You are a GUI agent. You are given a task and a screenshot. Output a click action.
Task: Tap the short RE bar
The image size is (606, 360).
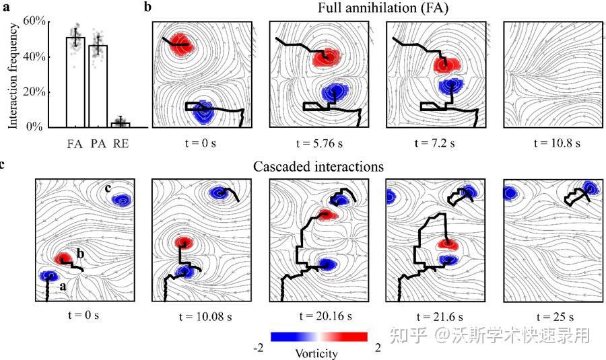point(121,124)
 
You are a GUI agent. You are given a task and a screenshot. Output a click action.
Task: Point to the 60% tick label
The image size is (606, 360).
point(34,22)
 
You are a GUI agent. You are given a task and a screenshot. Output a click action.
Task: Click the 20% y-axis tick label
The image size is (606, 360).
point(34,92)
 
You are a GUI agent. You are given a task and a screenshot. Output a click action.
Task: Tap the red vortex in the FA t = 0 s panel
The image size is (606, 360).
point(180,45)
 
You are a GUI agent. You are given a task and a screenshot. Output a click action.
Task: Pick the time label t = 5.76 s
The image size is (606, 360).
point(320,143)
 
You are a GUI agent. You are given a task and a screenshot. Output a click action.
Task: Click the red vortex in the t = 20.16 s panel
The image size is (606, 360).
point(327,215)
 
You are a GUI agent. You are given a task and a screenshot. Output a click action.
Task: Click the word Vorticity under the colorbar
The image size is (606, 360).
point(316,353)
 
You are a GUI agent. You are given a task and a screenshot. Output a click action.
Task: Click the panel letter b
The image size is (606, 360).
point(148,7)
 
